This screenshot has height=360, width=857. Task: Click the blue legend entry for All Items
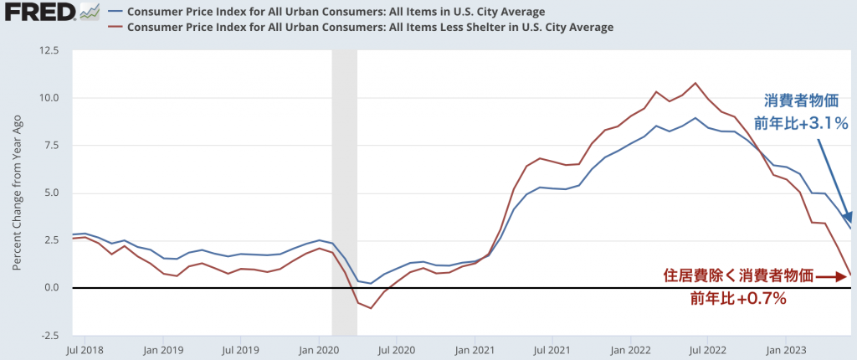pos(334,12)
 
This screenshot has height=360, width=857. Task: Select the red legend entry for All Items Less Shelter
pos(368,27)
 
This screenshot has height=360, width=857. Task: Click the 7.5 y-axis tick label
pos(51,146)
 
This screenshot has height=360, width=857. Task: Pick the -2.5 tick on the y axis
pos(49,335)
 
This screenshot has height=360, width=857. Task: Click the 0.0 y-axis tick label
pos(51,288)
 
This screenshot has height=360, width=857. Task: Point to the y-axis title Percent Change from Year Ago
pos(17,193)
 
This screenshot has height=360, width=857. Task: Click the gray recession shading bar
pos(345,193)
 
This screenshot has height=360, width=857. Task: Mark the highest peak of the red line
pos(695,83)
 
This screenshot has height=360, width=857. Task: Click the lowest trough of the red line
pos(371,308)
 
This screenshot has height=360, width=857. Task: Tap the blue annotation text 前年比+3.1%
pos(802,123)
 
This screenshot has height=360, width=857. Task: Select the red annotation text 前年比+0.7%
pos(738,297)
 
